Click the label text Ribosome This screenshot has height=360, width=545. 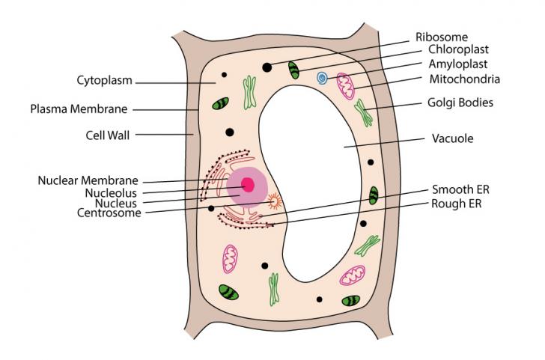point(442,37)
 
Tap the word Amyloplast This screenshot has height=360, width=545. point(448,64)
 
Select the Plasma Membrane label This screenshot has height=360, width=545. point(79,109)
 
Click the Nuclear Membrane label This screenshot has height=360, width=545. point(88,180)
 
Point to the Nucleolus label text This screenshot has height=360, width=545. point(112,192)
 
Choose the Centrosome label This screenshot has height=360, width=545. point(109,213)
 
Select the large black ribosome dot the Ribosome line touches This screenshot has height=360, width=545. point(267,67)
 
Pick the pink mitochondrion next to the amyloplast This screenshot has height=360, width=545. point(347,85)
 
